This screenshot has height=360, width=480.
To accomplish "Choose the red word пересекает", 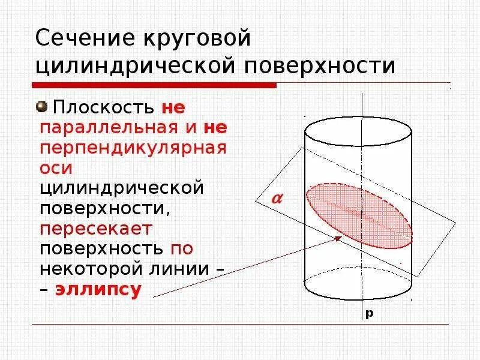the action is [x=96, y=228].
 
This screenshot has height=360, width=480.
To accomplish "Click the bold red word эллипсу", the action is [x=98, y=290].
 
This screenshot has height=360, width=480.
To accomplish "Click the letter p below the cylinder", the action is [x=370, y=313].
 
